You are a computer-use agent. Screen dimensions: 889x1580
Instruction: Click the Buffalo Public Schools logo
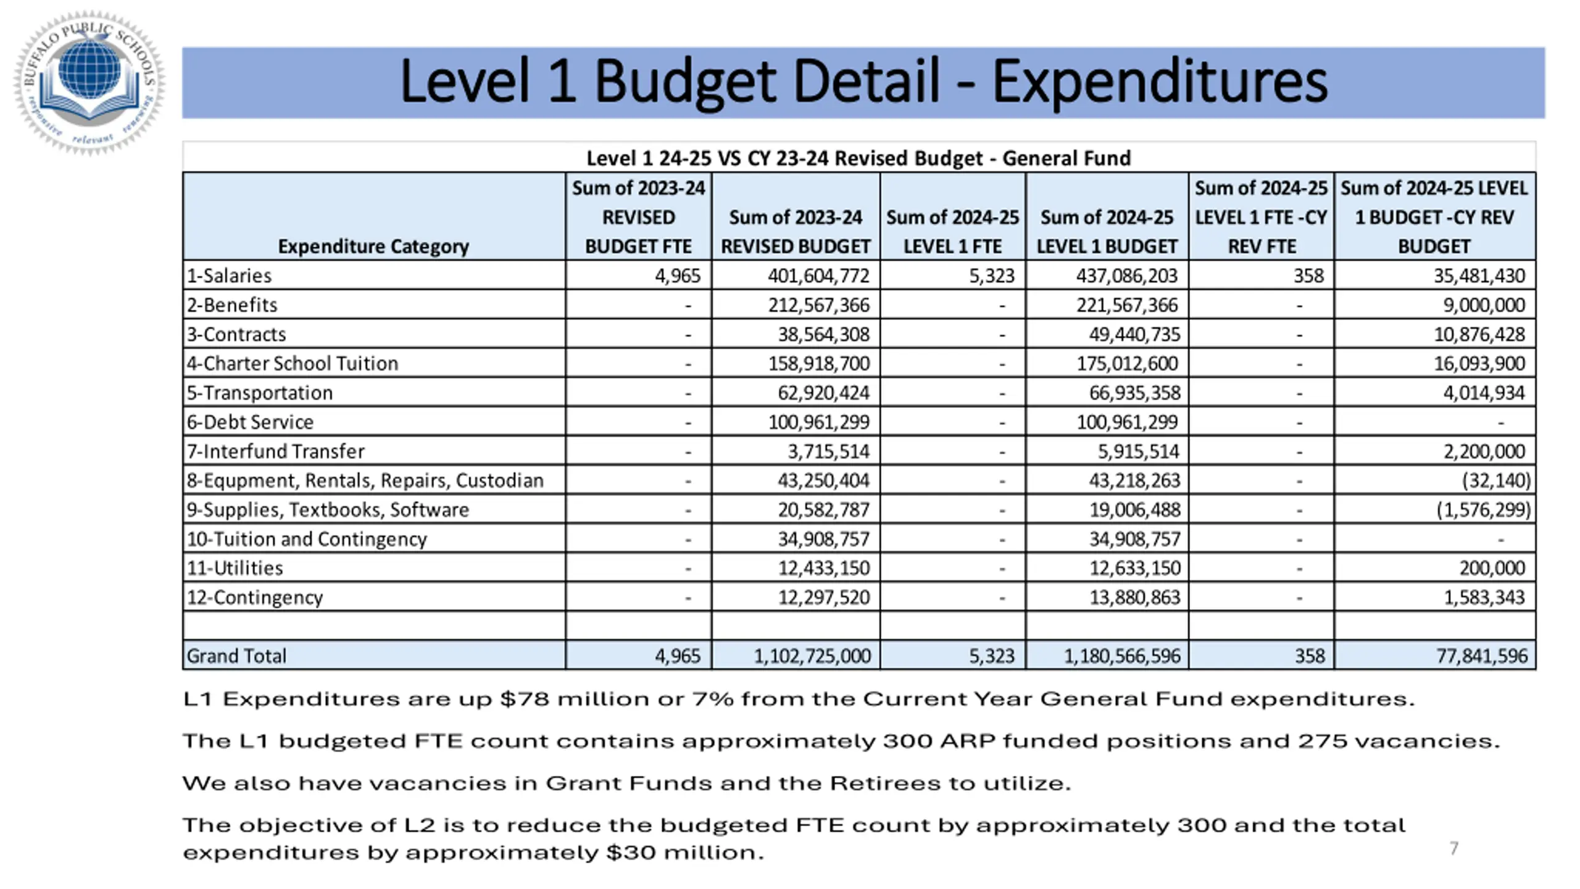(x=89, y=82)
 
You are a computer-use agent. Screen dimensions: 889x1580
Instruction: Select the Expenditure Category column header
(x=373, y=246)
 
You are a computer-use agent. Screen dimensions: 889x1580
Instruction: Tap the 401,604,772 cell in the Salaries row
(x=818, y=275)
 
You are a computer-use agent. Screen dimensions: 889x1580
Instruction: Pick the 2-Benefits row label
(x=232, y=305)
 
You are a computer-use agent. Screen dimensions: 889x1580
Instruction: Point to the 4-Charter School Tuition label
(x=293, y=363)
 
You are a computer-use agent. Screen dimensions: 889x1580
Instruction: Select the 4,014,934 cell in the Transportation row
(x=1483, y=393)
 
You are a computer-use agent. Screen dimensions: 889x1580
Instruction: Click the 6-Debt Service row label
(x=250, y=422)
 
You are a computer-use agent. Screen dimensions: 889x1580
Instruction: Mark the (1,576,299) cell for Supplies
(x=1483, y=509)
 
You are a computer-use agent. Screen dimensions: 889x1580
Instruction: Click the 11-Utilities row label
(x=235, y=568)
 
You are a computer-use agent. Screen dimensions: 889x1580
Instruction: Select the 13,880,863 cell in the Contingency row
(x=1134, y=597)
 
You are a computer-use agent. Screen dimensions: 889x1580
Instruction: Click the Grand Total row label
(x=236, y=656)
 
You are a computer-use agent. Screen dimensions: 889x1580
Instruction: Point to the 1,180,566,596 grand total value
(x=1121, y=656)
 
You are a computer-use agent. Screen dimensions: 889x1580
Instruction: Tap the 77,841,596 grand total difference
(x=1481, y=656)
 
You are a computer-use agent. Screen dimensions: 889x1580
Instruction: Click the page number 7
(x=1453, y=848)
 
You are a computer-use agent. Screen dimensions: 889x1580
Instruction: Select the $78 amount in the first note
(x=525, y=699)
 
